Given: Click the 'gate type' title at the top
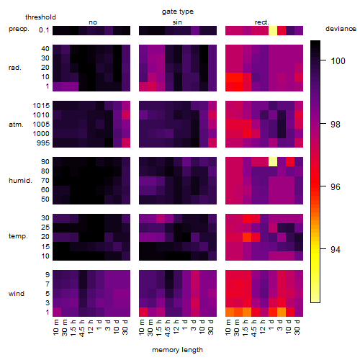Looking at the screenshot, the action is click(178, 12).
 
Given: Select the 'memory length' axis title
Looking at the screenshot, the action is click(177, 350).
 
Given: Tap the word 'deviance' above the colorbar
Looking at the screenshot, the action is click(341, 29).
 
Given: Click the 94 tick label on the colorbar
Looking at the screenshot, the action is click(336, 250).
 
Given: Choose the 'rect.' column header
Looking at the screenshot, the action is click(262, 22).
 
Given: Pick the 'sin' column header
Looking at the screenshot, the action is click(177, 22).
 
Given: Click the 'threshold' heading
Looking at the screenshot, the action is click(40, 17).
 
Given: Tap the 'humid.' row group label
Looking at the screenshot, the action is click(20, 181).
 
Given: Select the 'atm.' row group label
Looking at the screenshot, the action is click(16, 125).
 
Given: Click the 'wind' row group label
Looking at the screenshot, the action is click(17, 294).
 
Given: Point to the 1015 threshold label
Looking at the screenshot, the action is click(41, 105).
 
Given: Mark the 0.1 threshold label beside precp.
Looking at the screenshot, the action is click(44, 30).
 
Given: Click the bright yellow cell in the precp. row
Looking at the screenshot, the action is click(273, 30).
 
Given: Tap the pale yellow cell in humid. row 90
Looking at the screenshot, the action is click(273, 161).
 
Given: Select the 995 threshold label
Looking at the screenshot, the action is click(43, 143).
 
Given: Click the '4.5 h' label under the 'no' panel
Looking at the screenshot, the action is click(81, 328).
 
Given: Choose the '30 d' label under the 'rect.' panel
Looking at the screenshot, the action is click(297, 327).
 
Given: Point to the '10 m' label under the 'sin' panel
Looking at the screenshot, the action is click(142, 328).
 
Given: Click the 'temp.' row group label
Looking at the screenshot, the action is click(18, 236).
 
